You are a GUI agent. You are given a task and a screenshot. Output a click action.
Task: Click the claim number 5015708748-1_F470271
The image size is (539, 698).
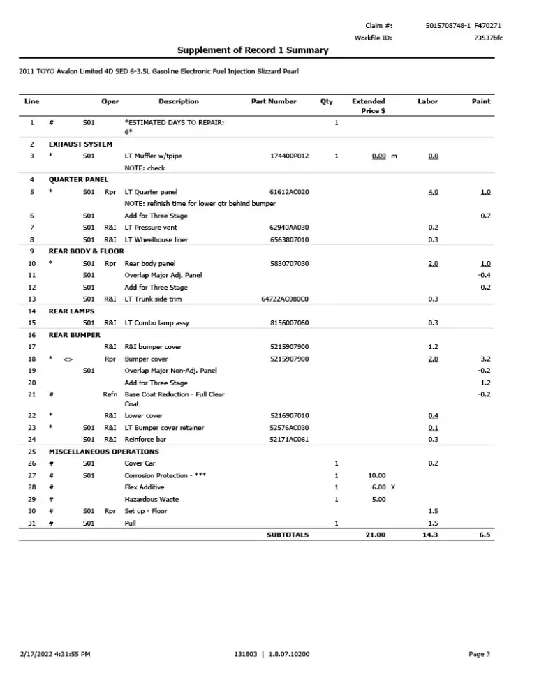point(463,26)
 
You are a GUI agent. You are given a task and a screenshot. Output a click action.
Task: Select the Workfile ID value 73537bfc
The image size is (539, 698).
point(487,38)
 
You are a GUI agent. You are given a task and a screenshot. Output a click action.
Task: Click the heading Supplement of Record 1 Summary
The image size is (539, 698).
point(253,50)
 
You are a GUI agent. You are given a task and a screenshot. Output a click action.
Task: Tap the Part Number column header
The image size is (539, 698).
point(274,101)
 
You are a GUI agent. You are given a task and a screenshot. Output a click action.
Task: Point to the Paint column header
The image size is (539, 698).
point(481,101)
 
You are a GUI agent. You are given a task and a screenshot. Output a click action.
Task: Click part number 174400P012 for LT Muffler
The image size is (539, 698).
point(289,156)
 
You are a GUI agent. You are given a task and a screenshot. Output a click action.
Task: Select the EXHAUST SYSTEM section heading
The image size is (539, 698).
point(80,144)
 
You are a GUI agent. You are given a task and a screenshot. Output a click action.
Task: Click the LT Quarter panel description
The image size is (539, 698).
point(151,191)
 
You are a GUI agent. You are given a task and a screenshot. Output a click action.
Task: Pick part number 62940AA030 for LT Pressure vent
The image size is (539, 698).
point(289,228)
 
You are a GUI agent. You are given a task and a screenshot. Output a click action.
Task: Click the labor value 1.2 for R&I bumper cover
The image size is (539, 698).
point(433,347)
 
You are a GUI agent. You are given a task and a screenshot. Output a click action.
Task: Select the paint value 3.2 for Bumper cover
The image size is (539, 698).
point(485,359)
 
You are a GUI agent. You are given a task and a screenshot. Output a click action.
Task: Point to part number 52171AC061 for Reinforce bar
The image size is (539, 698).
point(289,439)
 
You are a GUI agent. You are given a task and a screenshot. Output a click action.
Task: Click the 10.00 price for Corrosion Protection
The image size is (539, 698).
point(376,475)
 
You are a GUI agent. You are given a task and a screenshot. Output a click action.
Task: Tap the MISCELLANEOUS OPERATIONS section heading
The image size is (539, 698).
point(103,451)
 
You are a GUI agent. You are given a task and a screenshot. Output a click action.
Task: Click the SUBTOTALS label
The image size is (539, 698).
point(288,535)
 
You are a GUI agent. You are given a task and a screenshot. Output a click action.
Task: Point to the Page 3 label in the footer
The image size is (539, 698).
point(480,654)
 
